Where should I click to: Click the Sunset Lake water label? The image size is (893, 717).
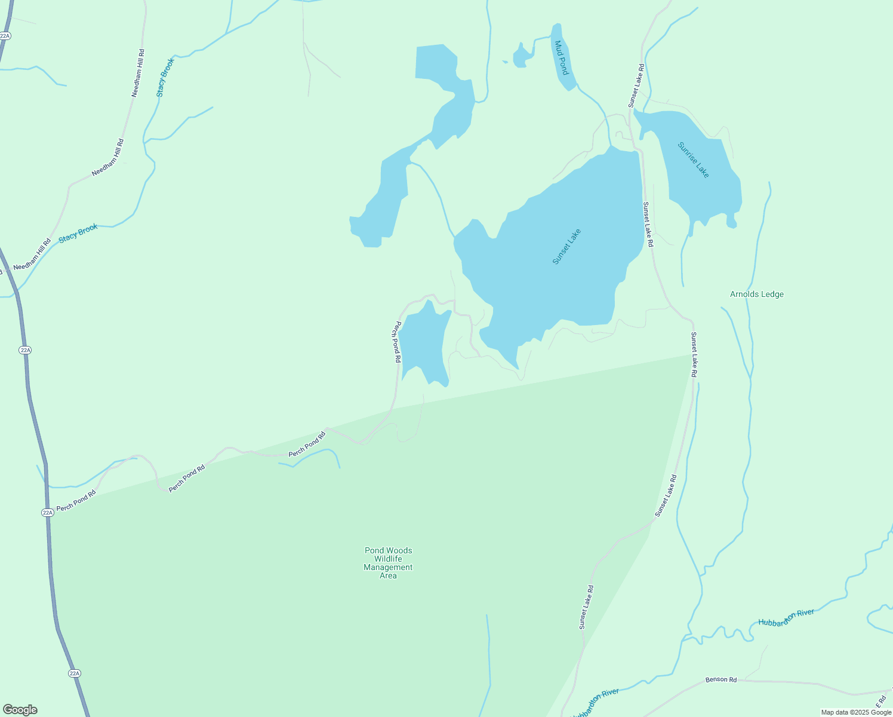566,247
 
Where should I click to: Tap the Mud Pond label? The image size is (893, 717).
562,58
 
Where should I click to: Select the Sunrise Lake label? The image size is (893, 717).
694,160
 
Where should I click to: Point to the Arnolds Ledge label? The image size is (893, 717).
756,294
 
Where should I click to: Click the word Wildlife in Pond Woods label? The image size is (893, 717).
388,559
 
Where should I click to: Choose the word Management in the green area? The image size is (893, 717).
388,568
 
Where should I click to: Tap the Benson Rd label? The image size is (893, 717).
721,679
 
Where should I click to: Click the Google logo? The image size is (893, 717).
20,710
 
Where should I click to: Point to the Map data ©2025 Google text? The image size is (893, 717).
856,712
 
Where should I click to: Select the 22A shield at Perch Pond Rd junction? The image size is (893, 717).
47,513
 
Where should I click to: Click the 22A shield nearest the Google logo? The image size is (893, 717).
74,673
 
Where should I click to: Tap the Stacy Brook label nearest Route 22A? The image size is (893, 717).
78,234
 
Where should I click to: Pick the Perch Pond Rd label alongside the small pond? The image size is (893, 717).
396,342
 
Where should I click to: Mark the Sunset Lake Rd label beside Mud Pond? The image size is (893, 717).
635,86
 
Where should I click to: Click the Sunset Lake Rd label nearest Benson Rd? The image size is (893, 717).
586,607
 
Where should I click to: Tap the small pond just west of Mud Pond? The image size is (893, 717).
521,57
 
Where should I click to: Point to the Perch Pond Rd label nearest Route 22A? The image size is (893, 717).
76,501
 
